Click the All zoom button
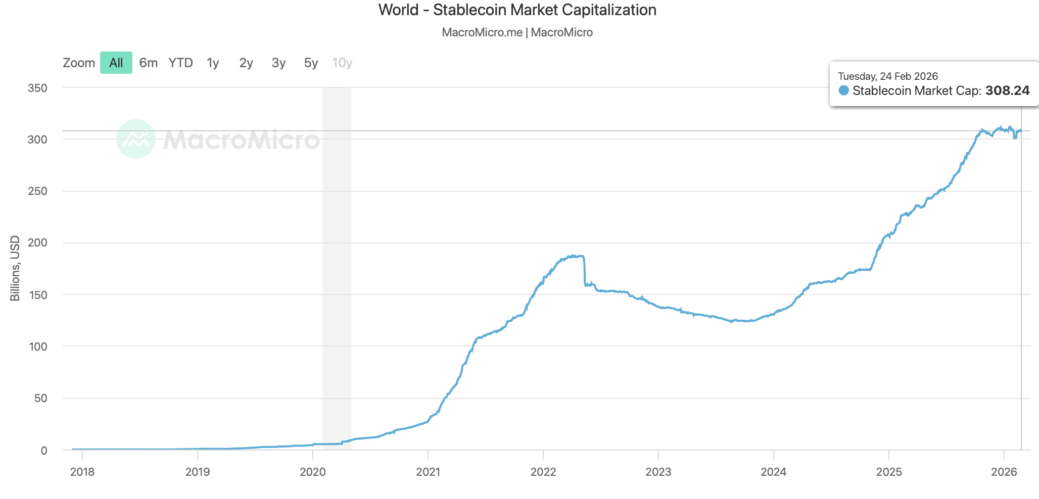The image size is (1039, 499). (116, 63)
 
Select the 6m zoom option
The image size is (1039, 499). (148, 63)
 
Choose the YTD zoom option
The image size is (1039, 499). (180, 63)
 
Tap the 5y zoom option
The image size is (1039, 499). (311, 63)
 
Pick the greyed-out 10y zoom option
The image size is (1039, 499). (342, 63)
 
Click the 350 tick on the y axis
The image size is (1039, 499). (37, 88)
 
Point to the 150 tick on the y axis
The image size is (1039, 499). (37, 295)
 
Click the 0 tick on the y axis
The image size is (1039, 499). (44, 451)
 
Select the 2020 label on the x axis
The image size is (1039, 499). (313, 472)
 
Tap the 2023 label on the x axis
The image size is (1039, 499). (658, 472)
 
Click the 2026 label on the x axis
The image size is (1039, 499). (1004, 472)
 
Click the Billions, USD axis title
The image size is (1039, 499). (15, 268)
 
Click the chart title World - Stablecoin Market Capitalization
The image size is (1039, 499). (517, 10)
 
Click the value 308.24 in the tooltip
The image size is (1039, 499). (1007, 90)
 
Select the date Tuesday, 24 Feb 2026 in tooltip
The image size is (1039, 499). (888, 76)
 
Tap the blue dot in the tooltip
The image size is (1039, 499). (843, 90)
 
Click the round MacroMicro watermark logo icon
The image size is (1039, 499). (136, 139)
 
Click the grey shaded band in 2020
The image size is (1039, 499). (337, 253)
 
